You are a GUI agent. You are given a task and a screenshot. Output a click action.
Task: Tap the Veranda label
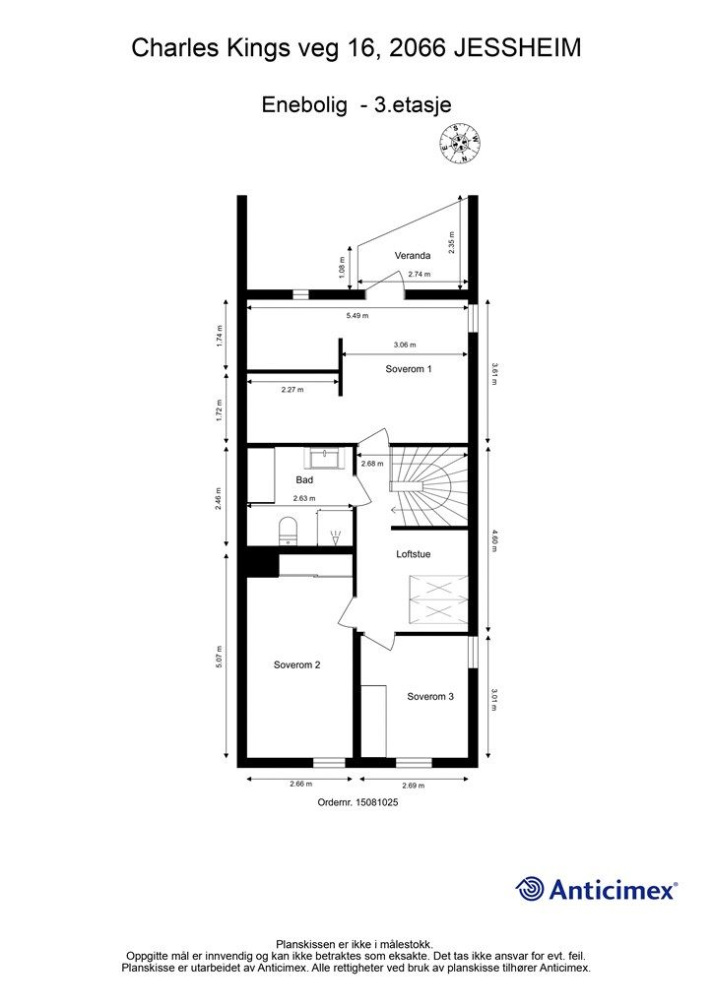click(x=413, y=256)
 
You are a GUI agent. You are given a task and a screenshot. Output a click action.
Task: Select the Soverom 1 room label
click(x=409, y=369)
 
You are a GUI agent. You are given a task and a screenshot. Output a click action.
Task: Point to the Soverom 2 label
click(x=296, y=665)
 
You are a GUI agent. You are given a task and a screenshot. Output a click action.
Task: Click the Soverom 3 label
click(x=430, y=697)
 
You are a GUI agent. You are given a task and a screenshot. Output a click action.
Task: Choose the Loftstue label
click(x=414, y=554)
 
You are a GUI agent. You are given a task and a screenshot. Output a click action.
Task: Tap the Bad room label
click(x=304, y=480)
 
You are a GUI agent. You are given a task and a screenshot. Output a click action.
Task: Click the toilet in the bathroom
click(x=288, y=531)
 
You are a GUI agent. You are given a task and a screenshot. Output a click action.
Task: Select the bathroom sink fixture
click(x=324, y=459)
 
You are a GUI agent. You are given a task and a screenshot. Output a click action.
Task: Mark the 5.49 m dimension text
click(x=356, y=316)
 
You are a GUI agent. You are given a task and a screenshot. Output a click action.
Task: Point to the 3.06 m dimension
click(x=404, y=346)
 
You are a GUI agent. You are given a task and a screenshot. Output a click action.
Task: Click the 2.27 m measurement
click(x=292, y=390)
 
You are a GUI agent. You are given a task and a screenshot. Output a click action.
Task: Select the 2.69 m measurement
click(x=415, y=786)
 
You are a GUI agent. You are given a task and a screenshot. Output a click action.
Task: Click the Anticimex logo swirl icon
click(x=530, y=889)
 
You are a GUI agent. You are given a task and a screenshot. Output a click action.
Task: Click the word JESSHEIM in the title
click(x=517, y=47)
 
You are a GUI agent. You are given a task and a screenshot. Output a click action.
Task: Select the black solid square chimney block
click(x=261, y=563)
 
